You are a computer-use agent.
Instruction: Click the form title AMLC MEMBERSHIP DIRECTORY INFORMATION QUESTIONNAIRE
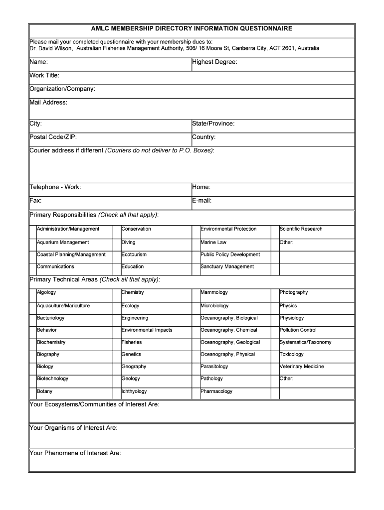[192, 29]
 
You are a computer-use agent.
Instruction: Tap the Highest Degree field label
[214, 62]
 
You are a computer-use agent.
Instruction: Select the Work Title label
[44, 75]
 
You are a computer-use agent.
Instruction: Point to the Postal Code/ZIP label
[53, 137]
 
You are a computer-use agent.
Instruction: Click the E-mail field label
[202, 201]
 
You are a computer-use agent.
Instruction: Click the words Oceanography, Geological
[230, 342]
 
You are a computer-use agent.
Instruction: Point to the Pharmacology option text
[216, 391]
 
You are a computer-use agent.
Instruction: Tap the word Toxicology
[292, 355]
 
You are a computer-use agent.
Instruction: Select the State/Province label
[213, 124]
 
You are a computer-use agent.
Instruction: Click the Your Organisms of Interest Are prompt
[74, 428]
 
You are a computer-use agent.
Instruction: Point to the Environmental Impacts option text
[147, 330]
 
